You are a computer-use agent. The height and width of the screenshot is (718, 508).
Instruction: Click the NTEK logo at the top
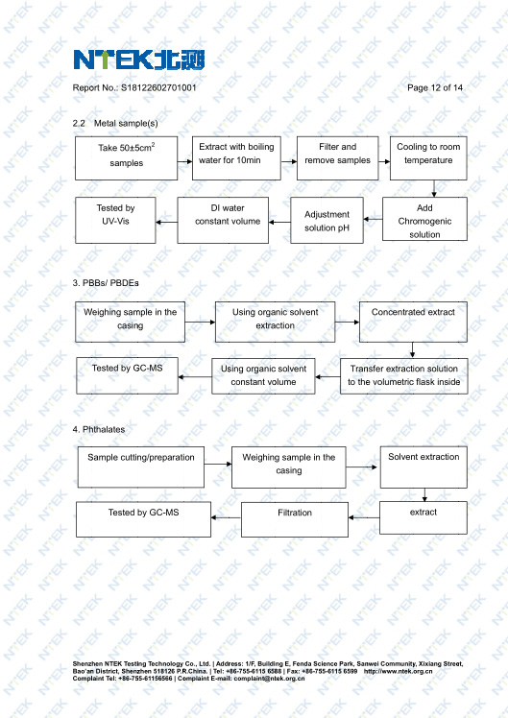139,60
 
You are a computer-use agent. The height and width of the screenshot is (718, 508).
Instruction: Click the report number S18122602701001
158,88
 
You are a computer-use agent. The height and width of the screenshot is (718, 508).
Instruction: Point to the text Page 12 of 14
435,88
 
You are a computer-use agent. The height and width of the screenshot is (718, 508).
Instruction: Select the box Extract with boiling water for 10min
236,158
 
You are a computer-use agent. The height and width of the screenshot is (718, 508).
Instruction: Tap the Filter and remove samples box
338,158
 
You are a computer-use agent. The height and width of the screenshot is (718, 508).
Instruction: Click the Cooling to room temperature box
428,158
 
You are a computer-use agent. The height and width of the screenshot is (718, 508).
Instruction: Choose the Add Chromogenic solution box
424,219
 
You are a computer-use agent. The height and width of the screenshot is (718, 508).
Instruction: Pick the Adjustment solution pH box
327,220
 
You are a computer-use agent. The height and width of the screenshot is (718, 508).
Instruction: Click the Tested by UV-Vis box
115,220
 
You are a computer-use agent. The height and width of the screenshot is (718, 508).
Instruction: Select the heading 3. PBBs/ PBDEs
106,283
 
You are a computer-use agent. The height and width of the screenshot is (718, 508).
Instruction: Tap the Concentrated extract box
413,322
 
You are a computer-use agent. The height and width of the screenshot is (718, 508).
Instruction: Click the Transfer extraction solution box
404,376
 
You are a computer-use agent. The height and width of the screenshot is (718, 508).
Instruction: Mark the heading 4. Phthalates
99,429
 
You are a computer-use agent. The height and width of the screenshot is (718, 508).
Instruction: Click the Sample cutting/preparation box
140,467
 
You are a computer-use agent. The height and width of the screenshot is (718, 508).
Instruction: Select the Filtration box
295,519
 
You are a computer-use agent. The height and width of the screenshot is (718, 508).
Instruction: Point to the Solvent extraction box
423,467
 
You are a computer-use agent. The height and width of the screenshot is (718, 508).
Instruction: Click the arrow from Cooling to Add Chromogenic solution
434,189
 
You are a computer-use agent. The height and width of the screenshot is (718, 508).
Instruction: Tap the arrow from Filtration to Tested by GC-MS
227,518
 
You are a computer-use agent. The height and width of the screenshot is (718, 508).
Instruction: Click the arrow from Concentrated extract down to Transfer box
412,350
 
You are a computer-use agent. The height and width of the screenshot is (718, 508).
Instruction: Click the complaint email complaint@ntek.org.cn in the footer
269,678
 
